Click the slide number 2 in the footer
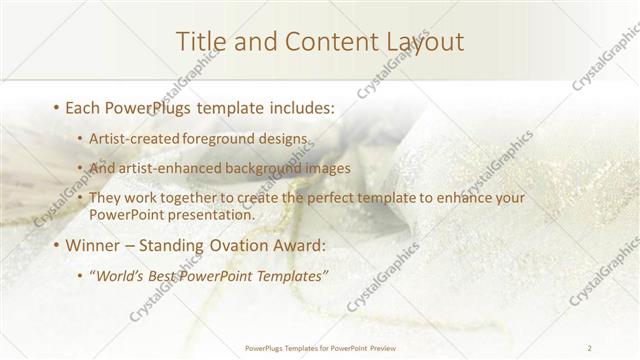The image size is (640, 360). (x=590, y=348)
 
